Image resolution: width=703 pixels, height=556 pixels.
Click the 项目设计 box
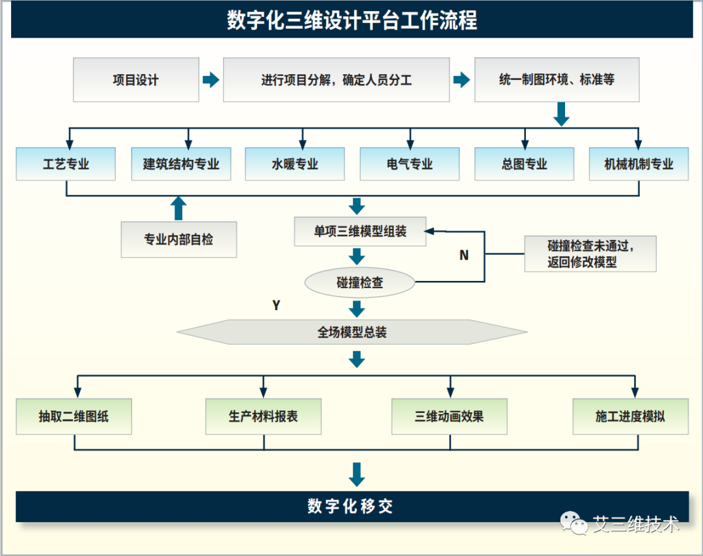tap(135, 80)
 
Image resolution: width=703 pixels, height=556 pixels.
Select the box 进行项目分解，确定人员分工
tap(336, 80)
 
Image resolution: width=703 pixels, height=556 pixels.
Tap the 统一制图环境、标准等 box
tap(557, 80)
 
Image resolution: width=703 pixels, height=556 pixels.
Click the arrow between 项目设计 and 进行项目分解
tap(211, 80)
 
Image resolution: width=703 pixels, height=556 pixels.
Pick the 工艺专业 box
tap(66, 164)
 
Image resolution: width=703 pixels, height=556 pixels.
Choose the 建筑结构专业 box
tap(181, 164)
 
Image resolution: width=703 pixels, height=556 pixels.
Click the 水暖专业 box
tap(295, 164)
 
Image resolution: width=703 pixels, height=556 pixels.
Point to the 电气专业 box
tap(409, 164)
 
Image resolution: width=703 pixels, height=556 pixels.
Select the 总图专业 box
tap(524, 164)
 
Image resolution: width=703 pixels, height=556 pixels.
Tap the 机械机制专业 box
tap(639, 164)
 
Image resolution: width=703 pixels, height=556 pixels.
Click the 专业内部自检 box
tap(178, 239)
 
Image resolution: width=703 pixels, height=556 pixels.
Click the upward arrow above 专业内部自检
tap(178, 208)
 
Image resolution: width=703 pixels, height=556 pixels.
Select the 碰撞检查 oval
tap(360, 282)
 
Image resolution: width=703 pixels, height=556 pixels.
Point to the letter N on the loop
tap(463, 256)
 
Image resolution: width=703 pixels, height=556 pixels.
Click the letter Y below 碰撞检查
tap(276, 306)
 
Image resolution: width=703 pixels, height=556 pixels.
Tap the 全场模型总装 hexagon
tap(352, 332)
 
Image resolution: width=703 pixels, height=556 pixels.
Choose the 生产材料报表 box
tap(263, 416)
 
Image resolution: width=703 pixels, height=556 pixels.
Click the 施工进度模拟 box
tap(630, 416)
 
